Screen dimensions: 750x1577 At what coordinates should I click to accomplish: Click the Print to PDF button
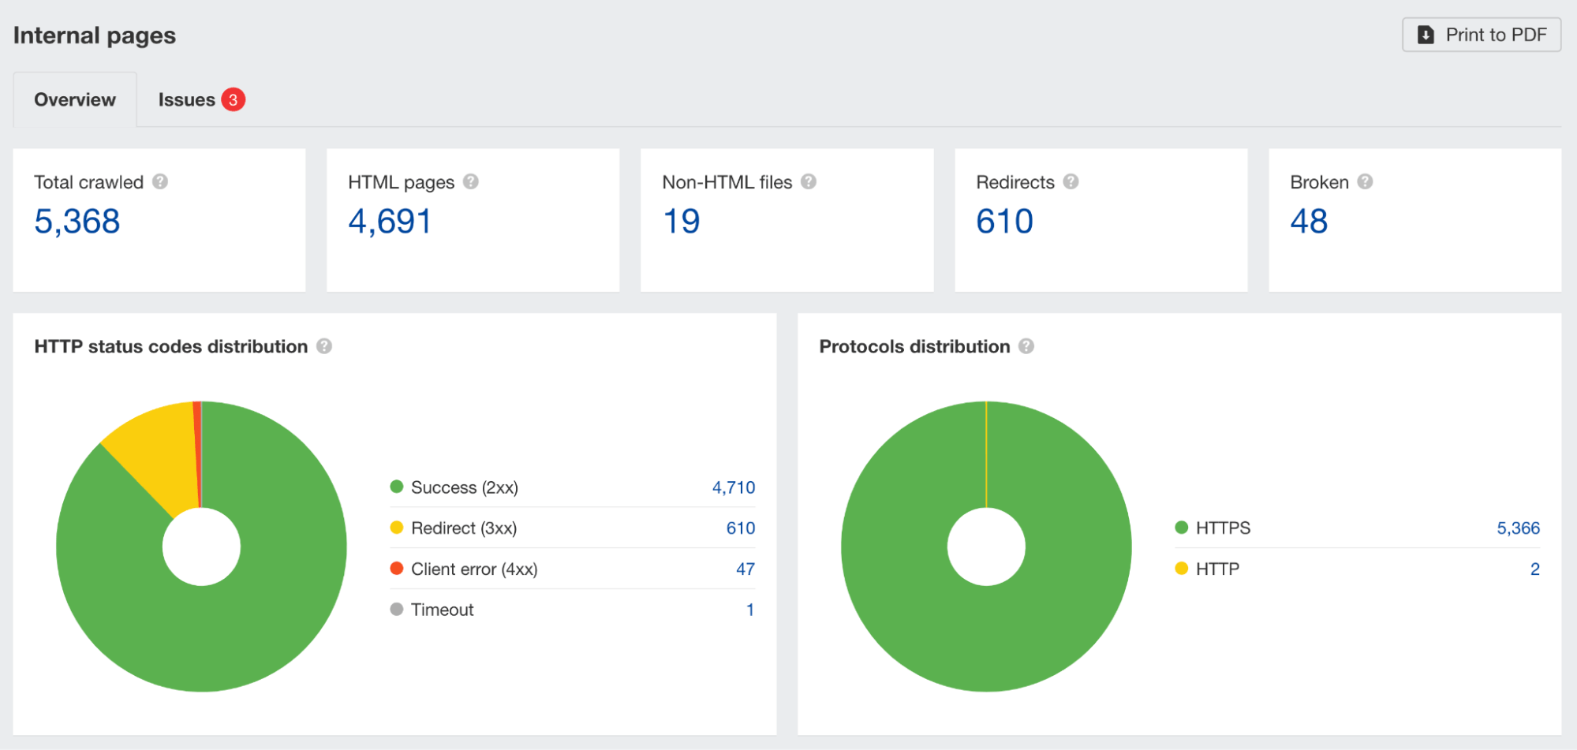[x=1481, y=35]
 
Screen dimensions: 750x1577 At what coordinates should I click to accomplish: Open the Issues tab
[x=187, y=100]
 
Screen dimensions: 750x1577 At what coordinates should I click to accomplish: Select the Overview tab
[x=75, y=100]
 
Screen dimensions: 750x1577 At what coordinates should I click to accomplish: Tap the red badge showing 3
[x=233, y=100]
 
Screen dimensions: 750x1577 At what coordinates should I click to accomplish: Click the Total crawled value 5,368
[x=77, y=222]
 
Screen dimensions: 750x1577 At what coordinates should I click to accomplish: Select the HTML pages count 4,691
[x=390, y=222]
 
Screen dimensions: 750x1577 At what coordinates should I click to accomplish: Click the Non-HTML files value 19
[x=681, y=222]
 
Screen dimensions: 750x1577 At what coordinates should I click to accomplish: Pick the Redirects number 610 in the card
[x=1004, y=222]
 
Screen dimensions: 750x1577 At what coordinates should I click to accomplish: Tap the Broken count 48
[x=1309, y=222]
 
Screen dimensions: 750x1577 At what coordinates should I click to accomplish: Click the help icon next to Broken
[x=1365, y=182]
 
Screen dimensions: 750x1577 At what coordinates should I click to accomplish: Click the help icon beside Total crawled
[x=160, y=182]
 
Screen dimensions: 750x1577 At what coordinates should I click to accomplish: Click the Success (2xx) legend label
[x=464, y=487]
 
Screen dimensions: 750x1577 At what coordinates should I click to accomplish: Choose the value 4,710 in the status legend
[x=733, y=487]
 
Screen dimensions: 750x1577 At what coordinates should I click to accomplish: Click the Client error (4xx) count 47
[x=745, y=569]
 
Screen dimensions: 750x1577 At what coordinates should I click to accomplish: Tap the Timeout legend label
[x=442, y=610]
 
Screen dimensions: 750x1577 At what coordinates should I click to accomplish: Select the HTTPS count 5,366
[x=1518, y=528]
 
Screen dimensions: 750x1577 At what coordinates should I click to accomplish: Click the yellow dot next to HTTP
[x=1181, y=569]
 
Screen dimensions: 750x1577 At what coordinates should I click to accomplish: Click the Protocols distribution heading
[x=914, y=347]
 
